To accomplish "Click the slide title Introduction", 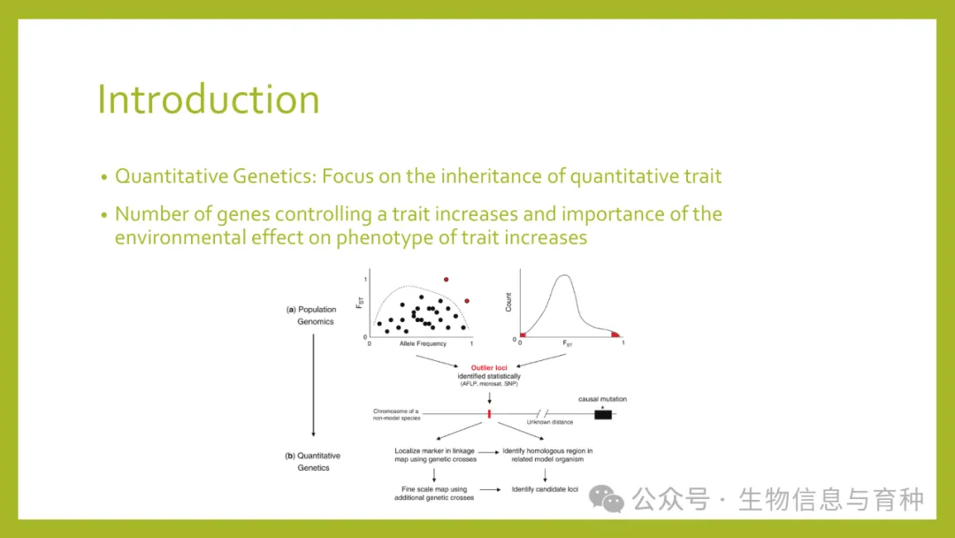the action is pyautogui.click(x=209, y=99).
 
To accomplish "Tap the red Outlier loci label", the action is pyautogui.click(x=488, y=367).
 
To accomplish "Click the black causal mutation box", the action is pyautogui.click(x=603, y=414).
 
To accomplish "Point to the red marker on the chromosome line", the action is pyautogui.click(x=489, y=414).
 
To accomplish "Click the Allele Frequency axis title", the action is pyautogui.click(x=423, y=343).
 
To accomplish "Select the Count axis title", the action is pyautogui.click(x=508, y=303).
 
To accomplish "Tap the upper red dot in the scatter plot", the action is pyautogui.click(x=447, y=280).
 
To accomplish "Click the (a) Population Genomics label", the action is pyautogui.click(x=312, y=315).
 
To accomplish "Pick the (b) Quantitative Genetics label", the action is pyautogui.click(x=313, y=461).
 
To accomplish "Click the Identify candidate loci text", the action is pyautogui.click(x=545, y=489).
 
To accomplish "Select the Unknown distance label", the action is pyautogui.click(x=549, y=421).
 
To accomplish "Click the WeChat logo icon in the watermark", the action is pyautogui.click(x=606, y=499).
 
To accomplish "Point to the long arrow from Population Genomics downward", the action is pyautogui.click(x=314, y=385).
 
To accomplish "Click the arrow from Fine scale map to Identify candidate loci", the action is pyautogui.click(x=490, y=489).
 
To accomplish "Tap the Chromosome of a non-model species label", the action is pyautogui.click(x=396, y=414).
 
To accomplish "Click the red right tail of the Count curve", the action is pyautogui.click(x=615, y=334).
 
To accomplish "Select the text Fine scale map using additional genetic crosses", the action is pyautogui.click(x=433, y=493).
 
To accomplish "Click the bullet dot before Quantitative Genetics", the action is pyautogui.click(x=104, y=177).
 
